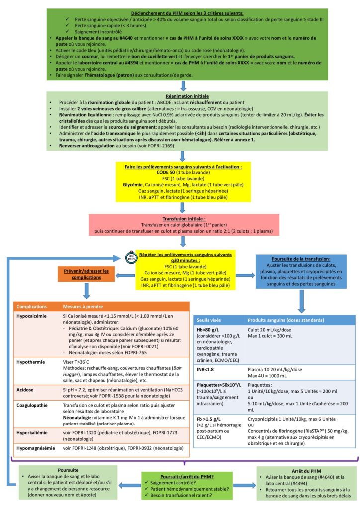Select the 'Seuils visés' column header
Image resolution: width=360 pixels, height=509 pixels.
(211, 319)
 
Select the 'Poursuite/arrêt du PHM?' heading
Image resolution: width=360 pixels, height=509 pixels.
(180, 476)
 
